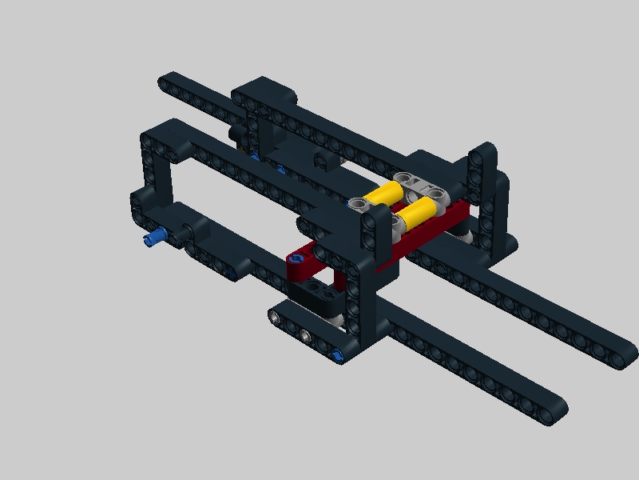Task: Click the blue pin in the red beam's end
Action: point(296,259)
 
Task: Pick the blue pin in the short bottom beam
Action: point(339,354)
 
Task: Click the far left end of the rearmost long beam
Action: point(166,80)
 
